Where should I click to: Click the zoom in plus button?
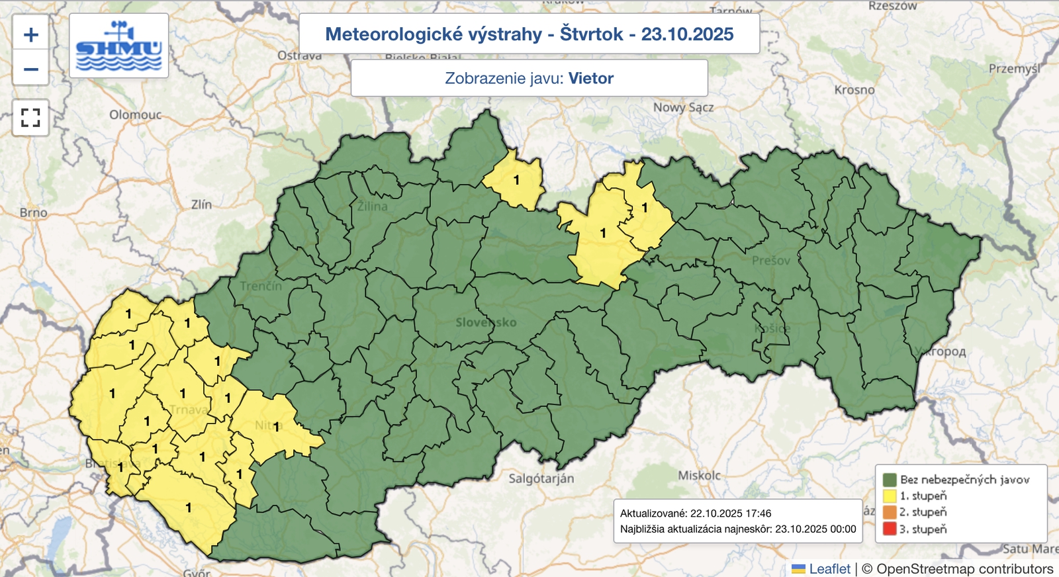30,35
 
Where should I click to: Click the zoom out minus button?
30,69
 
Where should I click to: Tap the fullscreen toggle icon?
30,118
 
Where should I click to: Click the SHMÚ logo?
119,46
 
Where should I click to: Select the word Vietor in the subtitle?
590,78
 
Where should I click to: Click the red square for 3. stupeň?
890,529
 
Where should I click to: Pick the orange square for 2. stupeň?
890,512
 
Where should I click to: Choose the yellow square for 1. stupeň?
890,496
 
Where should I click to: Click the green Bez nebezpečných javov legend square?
890,479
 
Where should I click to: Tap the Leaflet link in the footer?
829,568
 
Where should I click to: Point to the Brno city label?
33,212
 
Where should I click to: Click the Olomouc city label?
136,114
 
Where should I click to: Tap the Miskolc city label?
699,475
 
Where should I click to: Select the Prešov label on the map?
770,261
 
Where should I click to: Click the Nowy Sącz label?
683,107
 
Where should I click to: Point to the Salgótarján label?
541,478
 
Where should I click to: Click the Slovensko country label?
486,322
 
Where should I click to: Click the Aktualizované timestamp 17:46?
758,513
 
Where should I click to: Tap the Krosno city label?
854,89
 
